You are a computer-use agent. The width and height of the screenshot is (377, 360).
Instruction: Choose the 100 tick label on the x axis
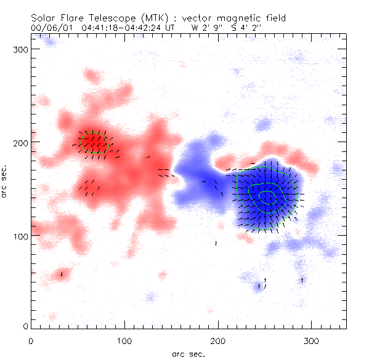pyautogui.click(x=124, y=340)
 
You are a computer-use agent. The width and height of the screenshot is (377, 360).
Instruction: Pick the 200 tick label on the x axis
pyautogui.click(x=218, y=340)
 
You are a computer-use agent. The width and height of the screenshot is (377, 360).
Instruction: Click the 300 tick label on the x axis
pyautogui.click(x=312, y=340)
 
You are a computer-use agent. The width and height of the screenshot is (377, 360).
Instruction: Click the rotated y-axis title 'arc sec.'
pyautogui.click(x=6, y=181)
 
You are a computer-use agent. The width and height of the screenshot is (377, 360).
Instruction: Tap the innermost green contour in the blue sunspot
pyautogui.click(x=267, y=196)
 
